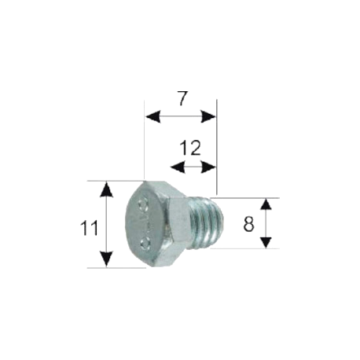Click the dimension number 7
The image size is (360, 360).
(183, 99)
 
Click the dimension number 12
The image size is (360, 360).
(190, 148)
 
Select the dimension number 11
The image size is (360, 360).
(89, 228)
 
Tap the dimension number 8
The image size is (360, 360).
(248, 225)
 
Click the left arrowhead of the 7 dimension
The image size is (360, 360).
(152, 116)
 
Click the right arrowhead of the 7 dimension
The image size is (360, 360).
(208, 116)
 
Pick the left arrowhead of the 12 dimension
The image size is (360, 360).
(178, 167)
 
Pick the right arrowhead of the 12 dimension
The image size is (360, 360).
(208, 167)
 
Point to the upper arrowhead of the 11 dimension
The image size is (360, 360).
(107, 189)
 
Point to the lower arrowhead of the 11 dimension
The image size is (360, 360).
(107, 259)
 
